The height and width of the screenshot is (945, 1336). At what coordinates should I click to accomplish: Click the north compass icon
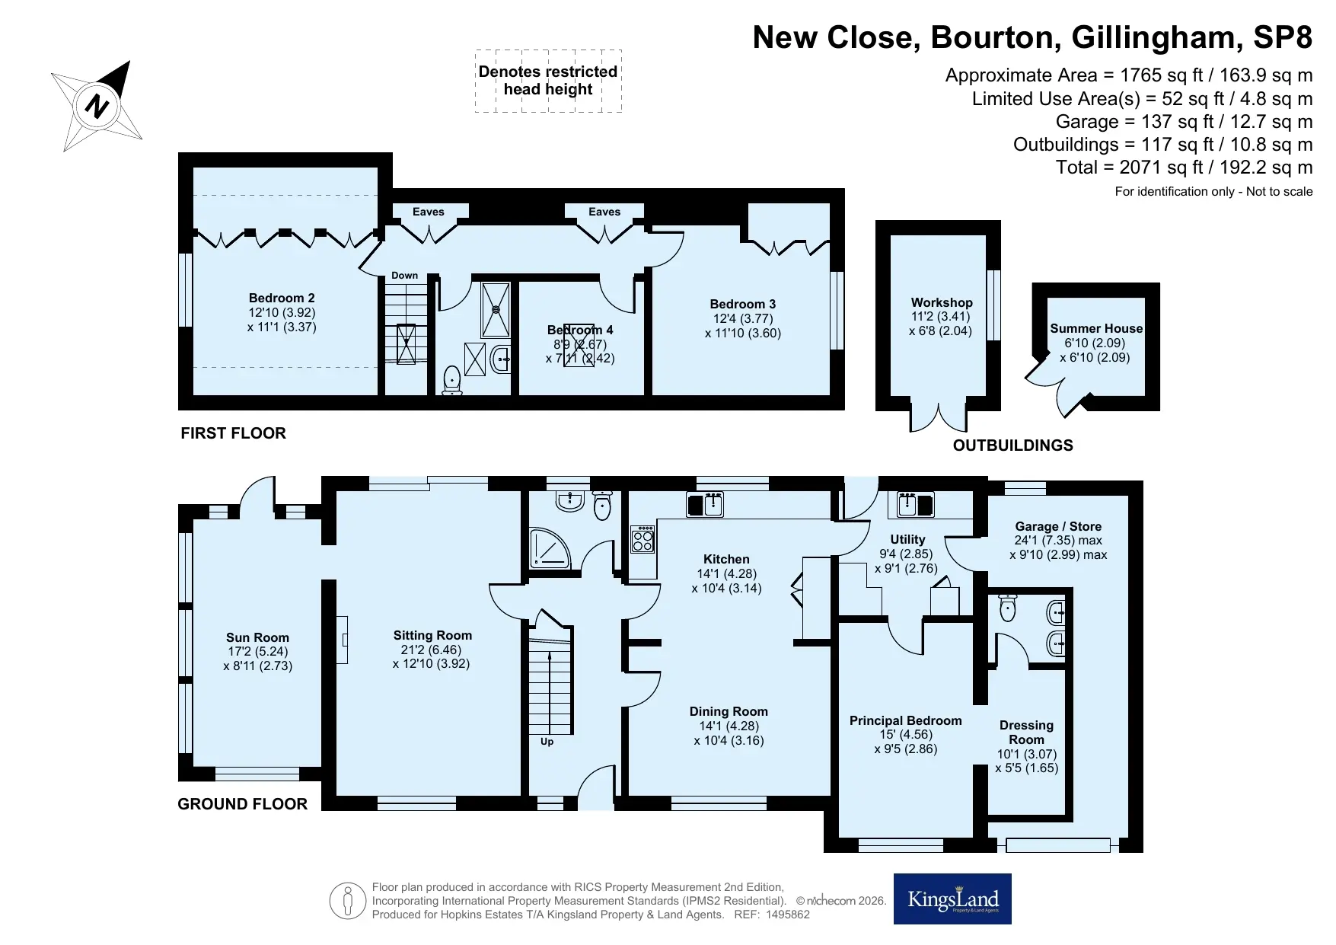[x=97, y=105]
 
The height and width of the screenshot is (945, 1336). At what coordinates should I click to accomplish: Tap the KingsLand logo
[x=952, y=899]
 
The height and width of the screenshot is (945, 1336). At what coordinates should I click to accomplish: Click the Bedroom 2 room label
[x=282, y=298]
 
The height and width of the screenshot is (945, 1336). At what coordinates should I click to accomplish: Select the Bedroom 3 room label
[x=743, y=304]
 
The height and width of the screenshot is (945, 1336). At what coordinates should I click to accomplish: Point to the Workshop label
[x=942, y=302]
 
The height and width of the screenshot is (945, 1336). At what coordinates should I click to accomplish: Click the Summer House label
[x=1096, y=328]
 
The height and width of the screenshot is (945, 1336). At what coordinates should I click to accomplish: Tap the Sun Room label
[x=257, y=637]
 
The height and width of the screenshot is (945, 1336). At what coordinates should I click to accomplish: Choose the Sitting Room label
[x=432, y=635]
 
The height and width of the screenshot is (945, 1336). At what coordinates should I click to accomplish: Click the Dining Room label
[x=729, y=711]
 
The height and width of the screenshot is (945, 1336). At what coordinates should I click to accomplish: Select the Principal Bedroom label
[x=906, y=720]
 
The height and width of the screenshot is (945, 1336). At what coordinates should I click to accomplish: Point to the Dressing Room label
[x=1026, y=732]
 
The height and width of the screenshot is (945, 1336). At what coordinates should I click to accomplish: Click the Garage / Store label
[x=1058, y=526]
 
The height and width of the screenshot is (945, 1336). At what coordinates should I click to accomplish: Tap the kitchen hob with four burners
[x=642, y=539]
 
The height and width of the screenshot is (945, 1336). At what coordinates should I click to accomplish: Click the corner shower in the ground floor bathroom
[x=550, y=548]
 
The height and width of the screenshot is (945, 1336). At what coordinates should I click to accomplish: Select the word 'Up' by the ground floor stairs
[x=547, y=742]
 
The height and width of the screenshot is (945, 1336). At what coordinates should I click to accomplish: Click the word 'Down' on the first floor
[x=404, y=276]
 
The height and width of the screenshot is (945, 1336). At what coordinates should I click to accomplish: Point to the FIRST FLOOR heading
[x=233, y=433]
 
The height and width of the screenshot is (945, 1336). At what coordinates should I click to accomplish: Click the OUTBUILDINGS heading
[x=1013, y=445]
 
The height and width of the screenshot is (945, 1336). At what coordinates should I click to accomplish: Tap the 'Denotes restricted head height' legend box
[x=548, y=81]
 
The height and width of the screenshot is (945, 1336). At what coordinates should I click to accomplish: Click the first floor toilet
[x=452, y=380]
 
